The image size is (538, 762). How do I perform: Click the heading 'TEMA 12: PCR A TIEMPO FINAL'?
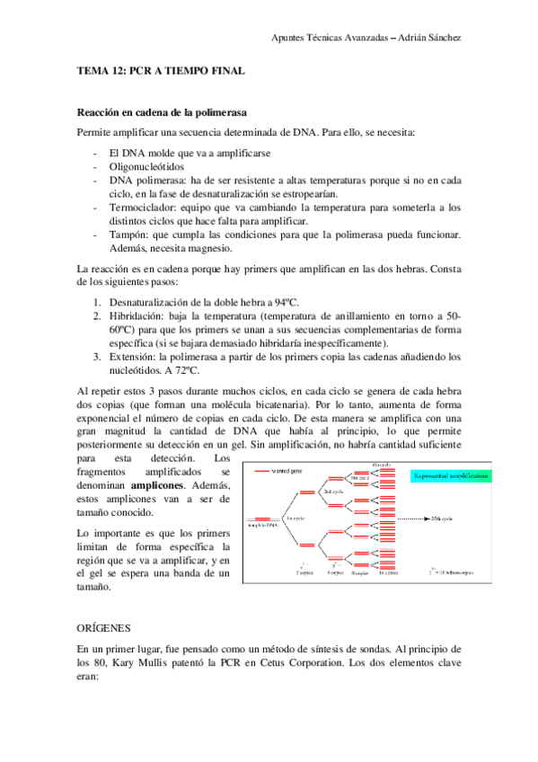click(x=162, y=70)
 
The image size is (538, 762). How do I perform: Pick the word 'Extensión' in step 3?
click(x=132, y=357)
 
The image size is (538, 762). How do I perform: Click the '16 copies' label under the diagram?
click(x=388, y=571)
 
